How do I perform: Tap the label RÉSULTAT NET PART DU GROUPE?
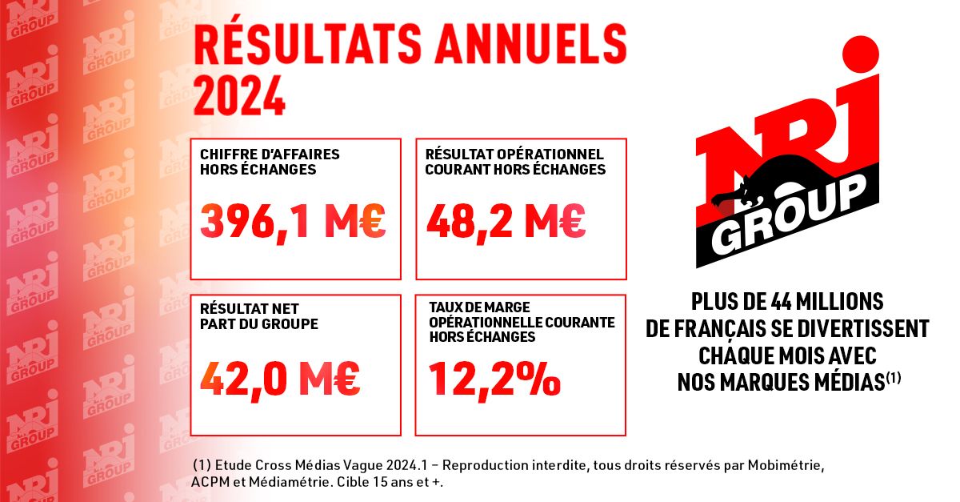[x=259, y=317]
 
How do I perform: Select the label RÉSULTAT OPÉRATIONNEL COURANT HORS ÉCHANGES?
[x=514, y=161]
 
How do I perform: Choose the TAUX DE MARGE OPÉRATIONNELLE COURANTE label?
[x=522, y=323]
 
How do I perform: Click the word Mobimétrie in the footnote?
[x=780, y=465]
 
